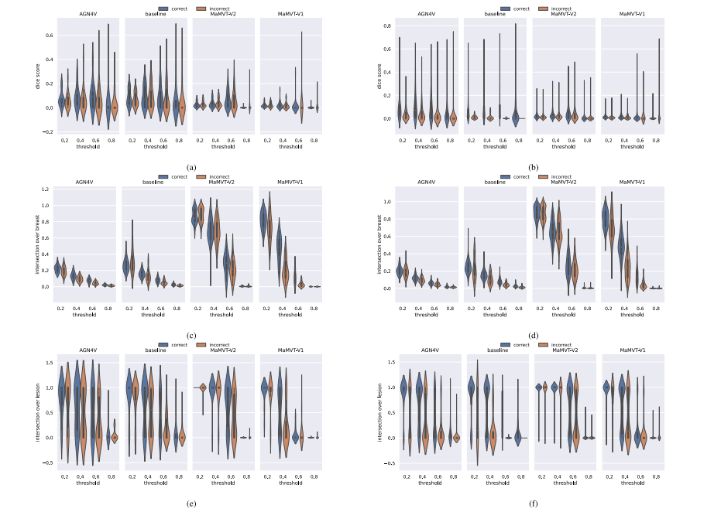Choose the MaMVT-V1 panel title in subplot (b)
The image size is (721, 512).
tap(633, 14)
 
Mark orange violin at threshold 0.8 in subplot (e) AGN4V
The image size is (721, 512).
tap(115, 437)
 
